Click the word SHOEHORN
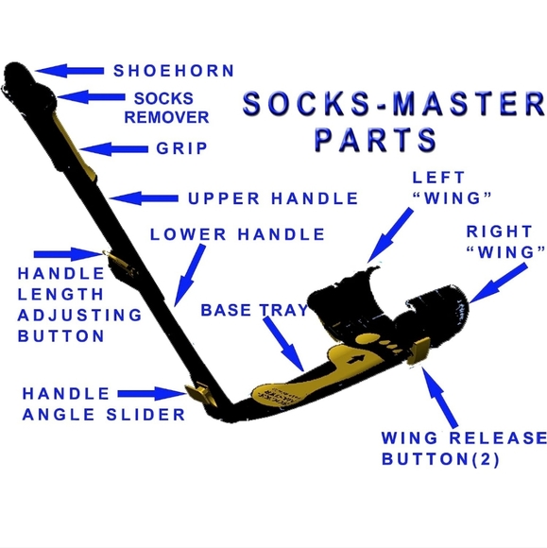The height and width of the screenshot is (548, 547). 174,71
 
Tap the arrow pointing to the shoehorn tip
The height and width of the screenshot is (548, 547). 69,71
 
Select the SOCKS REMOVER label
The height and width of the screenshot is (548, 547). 166,108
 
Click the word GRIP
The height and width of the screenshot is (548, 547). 181,148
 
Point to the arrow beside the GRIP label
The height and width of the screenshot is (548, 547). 114,149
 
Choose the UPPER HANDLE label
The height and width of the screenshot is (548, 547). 273,198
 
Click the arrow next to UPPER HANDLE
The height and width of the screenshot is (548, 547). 144,198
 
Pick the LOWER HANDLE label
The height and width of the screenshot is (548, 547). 237,234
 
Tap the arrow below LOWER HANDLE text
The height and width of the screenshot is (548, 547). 189,275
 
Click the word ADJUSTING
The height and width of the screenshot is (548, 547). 79,316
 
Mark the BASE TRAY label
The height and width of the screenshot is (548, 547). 254,310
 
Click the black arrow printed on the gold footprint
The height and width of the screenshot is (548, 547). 355,359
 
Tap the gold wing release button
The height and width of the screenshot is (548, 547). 419,351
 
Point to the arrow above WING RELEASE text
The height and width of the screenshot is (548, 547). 439,398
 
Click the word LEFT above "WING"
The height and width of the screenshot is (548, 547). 438,178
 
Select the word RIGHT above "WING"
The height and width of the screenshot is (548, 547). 499,231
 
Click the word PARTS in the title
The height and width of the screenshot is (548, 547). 376,140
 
